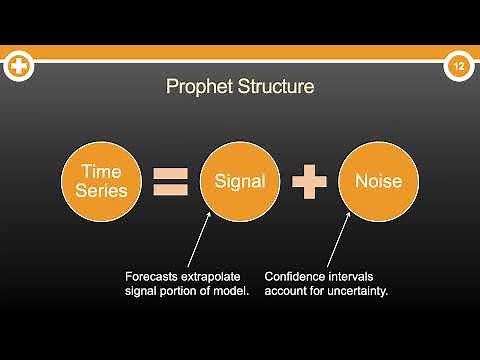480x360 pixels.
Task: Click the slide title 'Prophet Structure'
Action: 240,87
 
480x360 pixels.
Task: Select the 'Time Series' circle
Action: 102,181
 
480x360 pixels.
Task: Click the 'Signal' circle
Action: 240,181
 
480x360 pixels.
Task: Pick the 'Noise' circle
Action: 378,181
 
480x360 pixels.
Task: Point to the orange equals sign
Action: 171,182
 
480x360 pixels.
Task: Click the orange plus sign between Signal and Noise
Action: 310,182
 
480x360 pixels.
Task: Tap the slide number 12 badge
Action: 459,67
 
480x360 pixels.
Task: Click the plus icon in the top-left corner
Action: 19,67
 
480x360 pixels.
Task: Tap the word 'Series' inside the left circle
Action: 102,191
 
